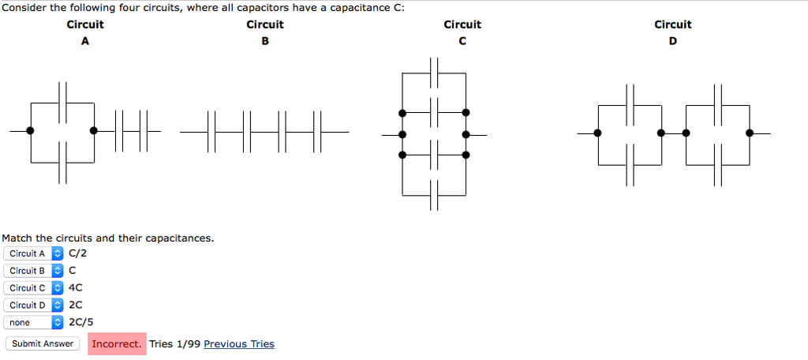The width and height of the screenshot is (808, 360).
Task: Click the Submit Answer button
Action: (43, 343)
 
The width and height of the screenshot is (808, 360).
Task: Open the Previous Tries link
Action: (239, 344)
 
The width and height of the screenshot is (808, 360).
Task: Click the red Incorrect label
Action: (117, 344)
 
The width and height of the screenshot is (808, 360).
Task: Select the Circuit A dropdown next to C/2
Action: (34, 253)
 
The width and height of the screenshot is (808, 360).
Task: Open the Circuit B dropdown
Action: (34, 271)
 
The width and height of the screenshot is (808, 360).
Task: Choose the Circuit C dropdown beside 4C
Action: (34, 288)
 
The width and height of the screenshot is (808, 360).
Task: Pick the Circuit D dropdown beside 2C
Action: (34, 306)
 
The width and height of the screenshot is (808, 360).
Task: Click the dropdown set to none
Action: (34, 323)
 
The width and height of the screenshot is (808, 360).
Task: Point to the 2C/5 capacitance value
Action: (81, 322)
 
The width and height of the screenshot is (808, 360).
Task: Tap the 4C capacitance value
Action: (76, 288)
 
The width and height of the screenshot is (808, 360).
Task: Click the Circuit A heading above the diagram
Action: (85, 32)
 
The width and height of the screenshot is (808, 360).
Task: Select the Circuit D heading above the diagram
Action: (673, 32)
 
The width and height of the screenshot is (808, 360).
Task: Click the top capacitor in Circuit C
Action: (434, 73)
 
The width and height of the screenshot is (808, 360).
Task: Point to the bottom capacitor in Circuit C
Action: (434, 194)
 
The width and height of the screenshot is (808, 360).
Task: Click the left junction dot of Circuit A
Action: (30, 130)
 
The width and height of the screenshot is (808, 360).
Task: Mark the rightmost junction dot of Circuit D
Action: (750, 133)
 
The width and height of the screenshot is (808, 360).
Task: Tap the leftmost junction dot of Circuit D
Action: (597, 133)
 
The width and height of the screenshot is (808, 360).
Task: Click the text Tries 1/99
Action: (174, 344)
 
